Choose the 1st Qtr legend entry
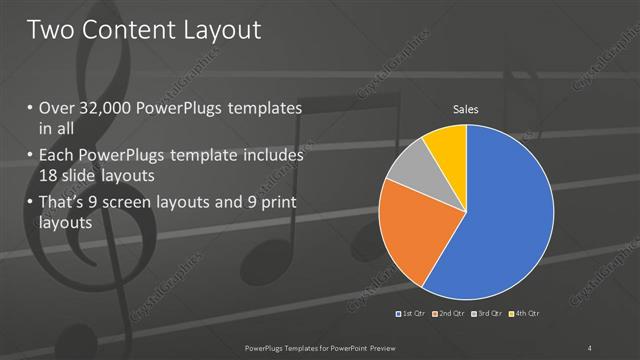(409, 314)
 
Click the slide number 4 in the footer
(590, 347)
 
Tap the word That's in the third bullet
(62, 204)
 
